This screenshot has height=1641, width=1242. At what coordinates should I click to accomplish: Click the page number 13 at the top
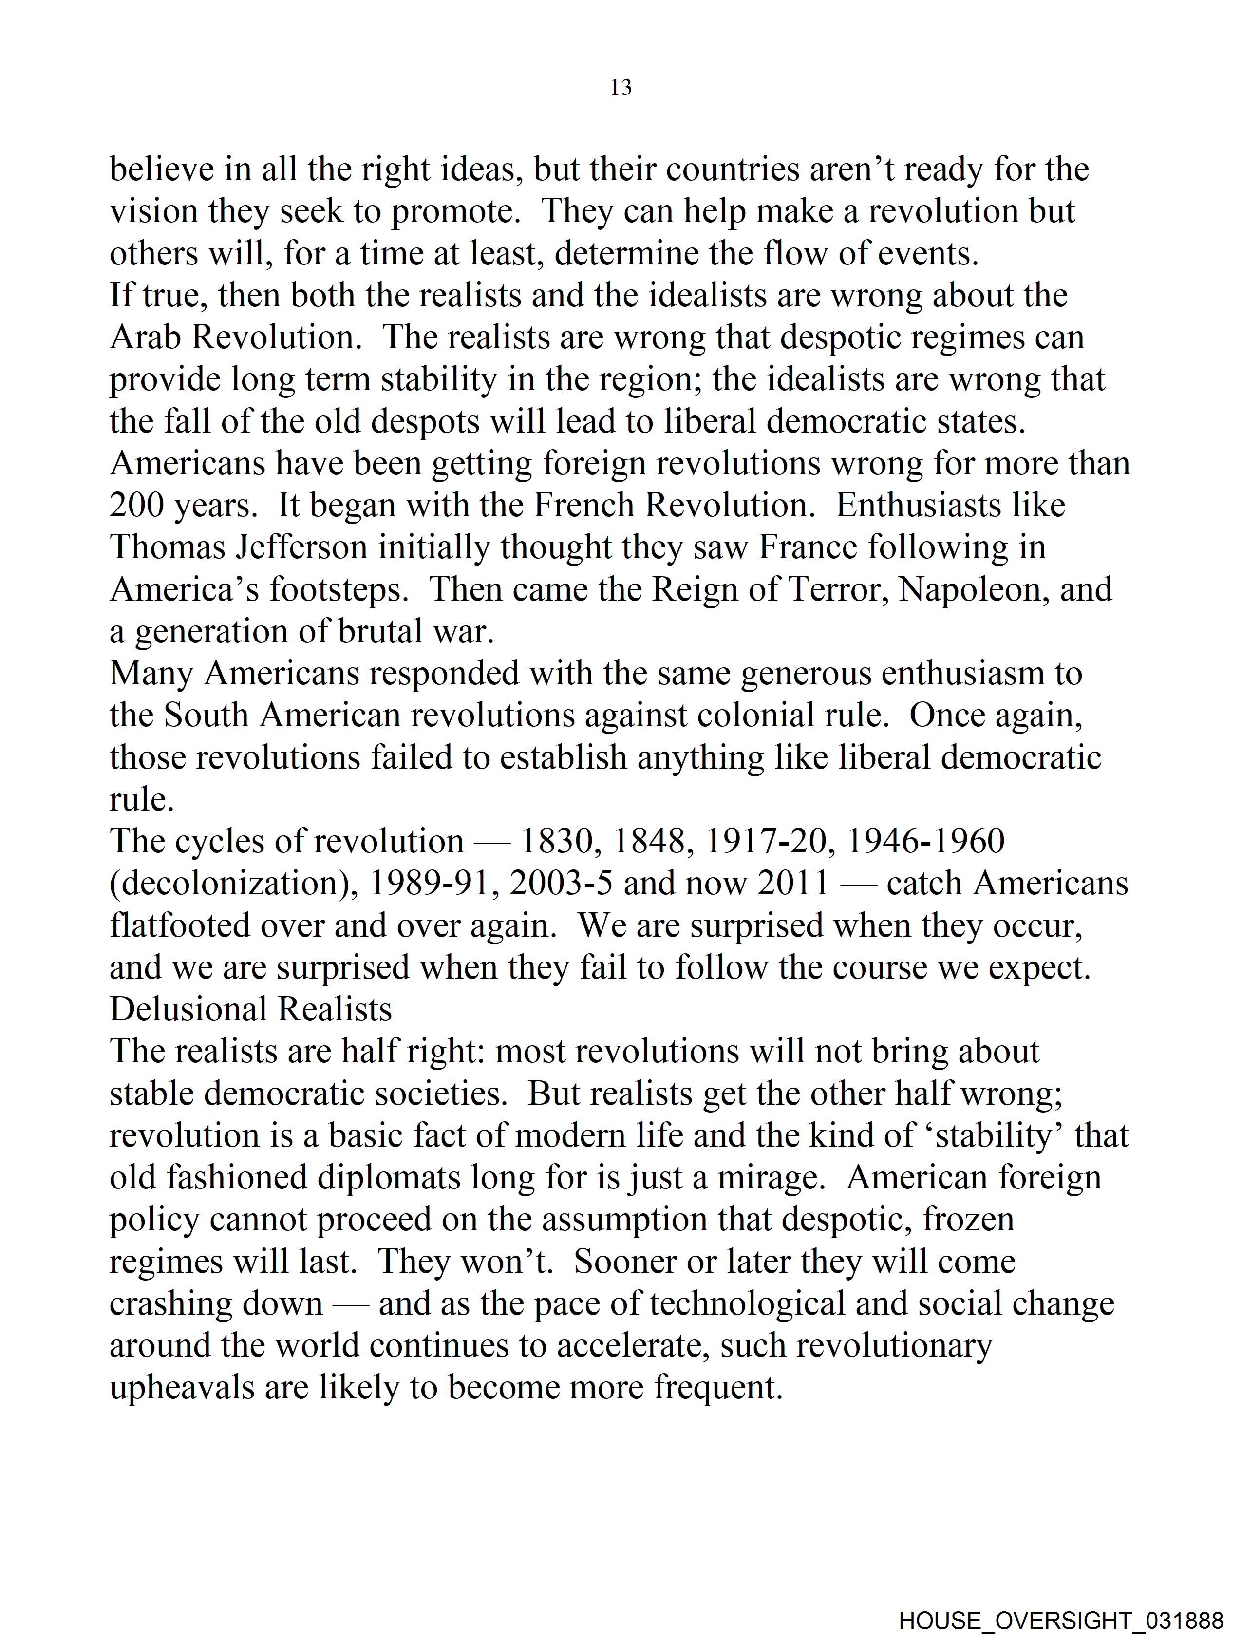(x=621, y=88)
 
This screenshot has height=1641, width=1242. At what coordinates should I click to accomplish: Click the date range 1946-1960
(x=925, y=841)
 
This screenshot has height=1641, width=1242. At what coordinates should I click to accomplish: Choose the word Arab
(x=146, y=338)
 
